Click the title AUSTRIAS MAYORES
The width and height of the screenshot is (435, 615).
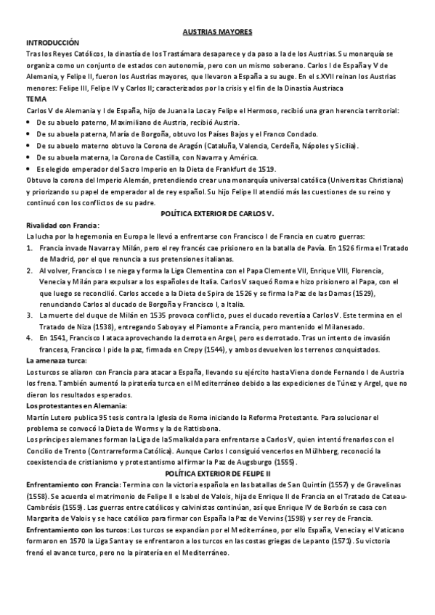coord(217,33)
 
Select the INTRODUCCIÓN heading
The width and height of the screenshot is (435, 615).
coord(52,44)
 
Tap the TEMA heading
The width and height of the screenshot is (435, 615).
coord(35,98)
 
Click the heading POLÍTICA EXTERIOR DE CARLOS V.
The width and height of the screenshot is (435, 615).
coord(217,215)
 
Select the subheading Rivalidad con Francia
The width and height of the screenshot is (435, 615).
coord(62,226)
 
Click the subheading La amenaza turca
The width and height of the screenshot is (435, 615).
coord(56,360)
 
